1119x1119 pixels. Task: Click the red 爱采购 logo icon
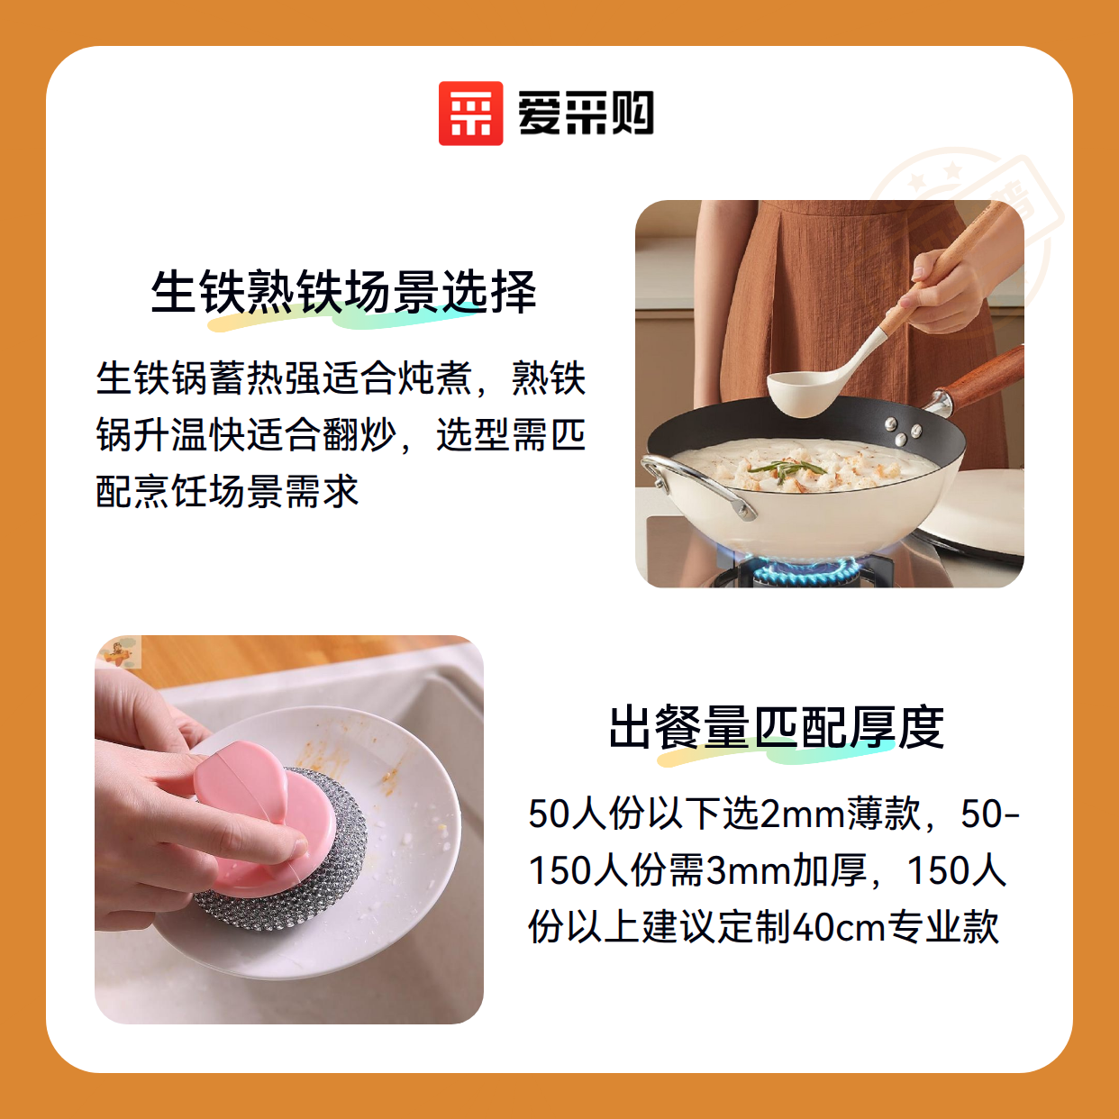[470, 114]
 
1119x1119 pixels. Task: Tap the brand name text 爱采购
[586, 114]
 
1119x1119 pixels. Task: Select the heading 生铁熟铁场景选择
[344, 292]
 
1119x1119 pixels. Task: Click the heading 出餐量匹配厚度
[777, 728]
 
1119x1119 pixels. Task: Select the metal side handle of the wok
[696, 483]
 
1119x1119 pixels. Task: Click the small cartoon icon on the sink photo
[118, 652]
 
